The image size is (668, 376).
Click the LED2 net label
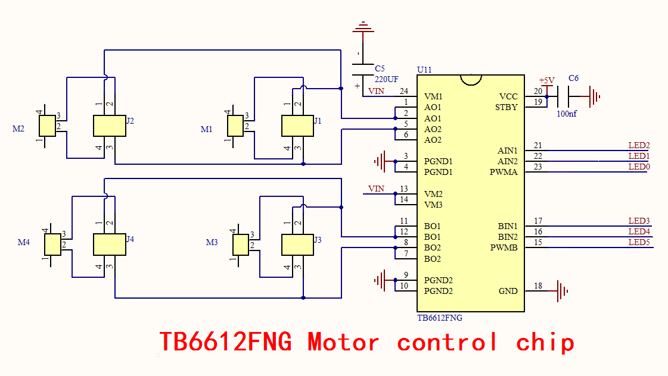pos(639,146)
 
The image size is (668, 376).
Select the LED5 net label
pos(639,243)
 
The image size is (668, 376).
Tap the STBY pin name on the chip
pos(506,107)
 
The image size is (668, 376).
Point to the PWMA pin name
pos(504,173)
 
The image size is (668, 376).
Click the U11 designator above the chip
pos(424,70)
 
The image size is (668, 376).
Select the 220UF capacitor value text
pos(386,80)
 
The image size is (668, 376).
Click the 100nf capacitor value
pos(567,114)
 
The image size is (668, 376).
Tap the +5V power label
pos(546,80)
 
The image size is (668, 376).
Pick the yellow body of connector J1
pos(297,126)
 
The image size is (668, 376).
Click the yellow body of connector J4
pos(110,245)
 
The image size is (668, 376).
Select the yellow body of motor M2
pos(47,126)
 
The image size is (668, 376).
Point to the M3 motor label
pos(212,243)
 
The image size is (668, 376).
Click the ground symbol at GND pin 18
pos(563,291)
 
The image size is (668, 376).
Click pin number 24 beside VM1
pos(404,92)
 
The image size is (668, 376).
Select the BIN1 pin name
pos(508,226)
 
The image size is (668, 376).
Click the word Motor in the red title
pos(343,342)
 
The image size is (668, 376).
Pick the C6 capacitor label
pos(573,79)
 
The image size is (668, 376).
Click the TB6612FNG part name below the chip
pos(440,318)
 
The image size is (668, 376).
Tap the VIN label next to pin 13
pos(376,189)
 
